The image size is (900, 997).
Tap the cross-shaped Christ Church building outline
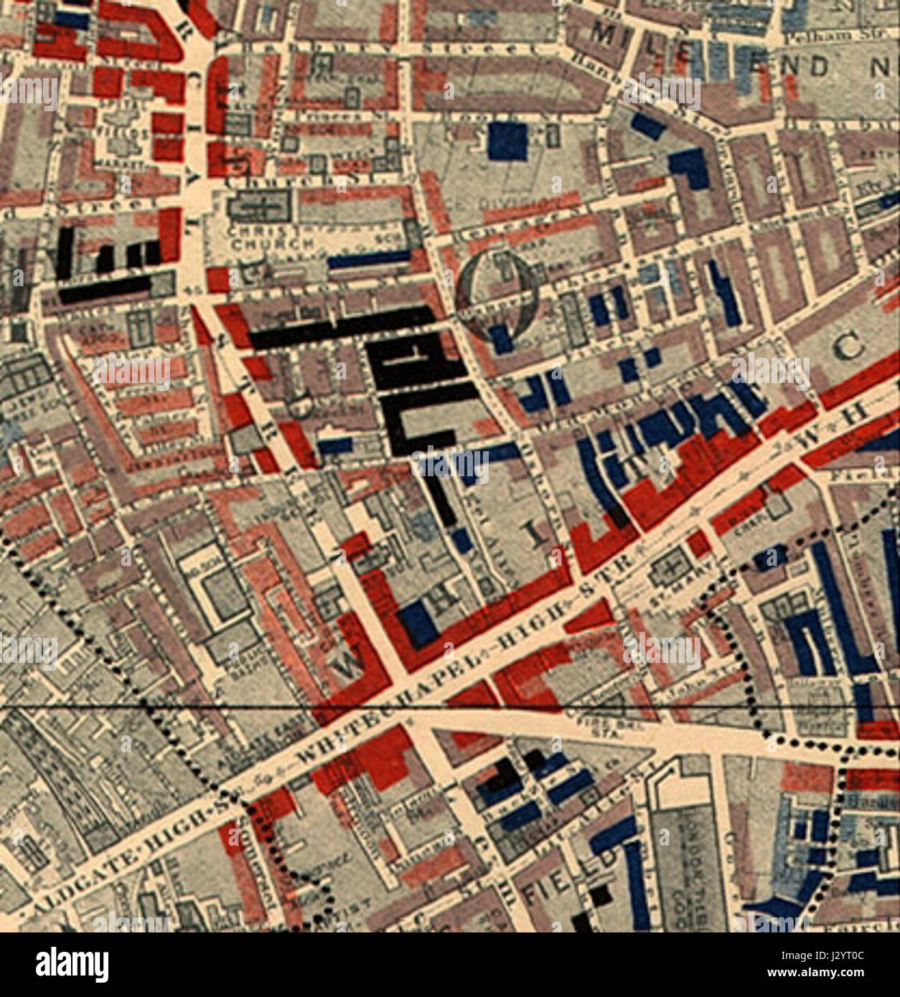point(260,209)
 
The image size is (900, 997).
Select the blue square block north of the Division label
point(507,141)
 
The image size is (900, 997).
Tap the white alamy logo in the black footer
point(72,964)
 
